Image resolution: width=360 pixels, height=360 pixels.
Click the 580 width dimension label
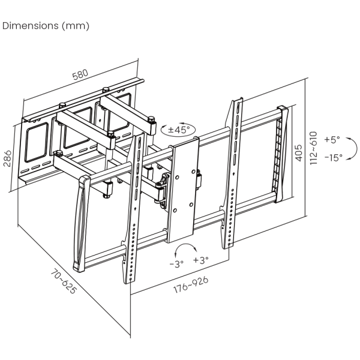(x=80, y=74)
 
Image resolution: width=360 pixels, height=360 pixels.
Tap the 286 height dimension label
(x=7, y=158)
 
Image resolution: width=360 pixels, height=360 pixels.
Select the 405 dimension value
(x=298, y=153)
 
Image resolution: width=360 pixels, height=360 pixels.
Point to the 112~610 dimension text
(x=313, y=148)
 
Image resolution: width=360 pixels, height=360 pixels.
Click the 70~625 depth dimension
(x=63, y=281)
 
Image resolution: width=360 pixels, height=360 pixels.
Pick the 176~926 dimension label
(x=191, y=284)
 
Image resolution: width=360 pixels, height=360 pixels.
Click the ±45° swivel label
(x=179, y=130)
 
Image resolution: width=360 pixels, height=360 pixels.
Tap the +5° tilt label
(x=332, y=139)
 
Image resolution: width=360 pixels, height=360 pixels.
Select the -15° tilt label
(x=334, y=157)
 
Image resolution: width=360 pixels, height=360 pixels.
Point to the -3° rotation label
(x=176, y=264)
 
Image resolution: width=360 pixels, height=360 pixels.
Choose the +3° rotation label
(x=200, y=260)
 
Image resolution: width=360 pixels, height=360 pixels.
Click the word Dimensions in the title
(x=31, y=25)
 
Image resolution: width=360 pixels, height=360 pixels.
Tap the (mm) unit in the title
(x=76, y=26)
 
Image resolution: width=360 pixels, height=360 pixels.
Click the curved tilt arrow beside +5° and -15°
(x=356, y=148)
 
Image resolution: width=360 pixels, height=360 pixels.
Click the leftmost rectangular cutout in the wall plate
(x=37, y=143)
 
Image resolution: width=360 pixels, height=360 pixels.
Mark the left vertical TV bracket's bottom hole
(x=130, y=279)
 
